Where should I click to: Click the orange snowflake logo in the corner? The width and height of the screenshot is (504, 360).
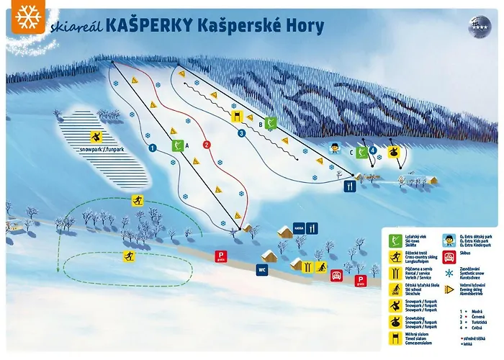(x=27, y=17)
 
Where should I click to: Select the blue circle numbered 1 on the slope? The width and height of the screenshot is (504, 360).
(x=152, y=148)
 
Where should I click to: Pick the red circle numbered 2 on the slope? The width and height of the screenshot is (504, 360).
(x=206, y=144)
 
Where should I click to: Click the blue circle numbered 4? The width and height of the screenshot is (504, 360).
(x=373, y=150)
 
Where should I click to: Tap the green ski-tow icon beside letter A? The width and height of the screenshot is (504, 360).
(x=176, y=145)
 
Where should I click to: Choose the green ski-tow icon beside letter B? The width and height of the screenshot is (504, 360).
(x=271, y=123)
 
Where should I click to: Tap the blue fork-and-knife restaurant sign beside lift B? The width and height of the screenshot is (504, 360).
(x=350, y=186)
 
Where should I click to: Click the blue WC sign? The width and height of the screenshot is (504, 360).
(x=262, y=270)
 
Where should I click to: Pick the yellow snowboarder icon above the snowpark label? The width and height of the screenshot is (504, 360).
(x=96, y=137)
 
